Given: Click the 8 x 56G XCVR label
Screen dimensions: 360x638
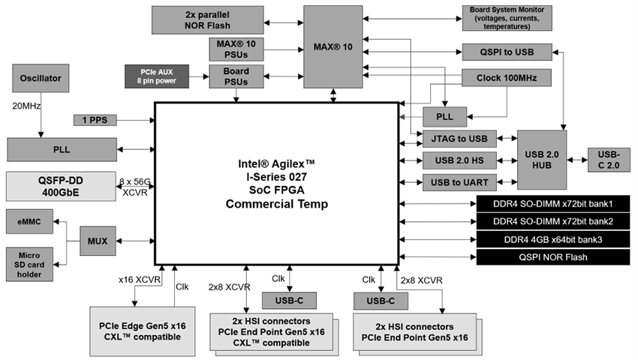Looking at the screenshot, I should click(x=135, y=186).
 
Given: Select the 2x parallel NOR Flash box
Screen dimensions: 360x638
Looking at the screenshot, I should click(x=203, y=19).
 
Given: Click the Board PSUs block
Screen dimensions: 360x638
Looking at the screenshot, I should click(x=236, y=75).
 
